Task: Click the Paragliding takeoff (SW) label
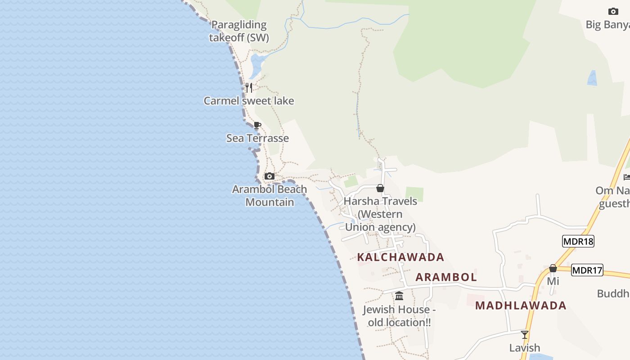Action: click(239, 31)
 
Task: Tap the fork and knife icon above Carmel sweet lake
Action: click(249, 87)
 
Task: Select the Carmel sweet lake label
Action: click(249, 101)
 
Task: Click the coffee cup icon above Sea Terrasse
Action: click(257, 125)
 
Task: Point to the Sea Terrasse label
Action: click(257, 138)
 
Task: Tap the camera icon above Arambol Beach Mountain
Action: click(269, 176)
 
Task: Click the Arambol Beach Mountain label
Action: click(270, 196)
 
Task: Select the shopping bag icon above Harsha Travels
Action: click(380, 188)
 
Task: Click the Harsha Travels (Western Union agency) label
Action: click(380, 214)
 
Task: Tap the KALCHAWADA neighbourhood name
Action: click(400, 257)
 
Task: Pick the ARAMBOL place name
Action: click(446, 277)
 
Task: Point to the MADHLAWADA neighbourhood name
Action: click(521, 306)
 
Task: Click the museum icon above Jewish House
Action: click(399, 296)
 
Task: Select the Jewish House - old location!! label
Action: click(399, 316)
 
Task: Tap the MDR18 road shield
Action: click(578, 241)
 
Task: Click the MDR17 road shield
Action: click(587, 270)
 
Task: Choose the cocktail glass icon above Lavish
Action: click(525, 334)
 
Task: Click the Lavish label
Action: click(525, 348)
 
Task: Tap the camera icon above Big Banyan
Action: click(613, 11)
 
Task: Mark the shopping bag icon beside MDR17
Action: click(553, 268)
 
